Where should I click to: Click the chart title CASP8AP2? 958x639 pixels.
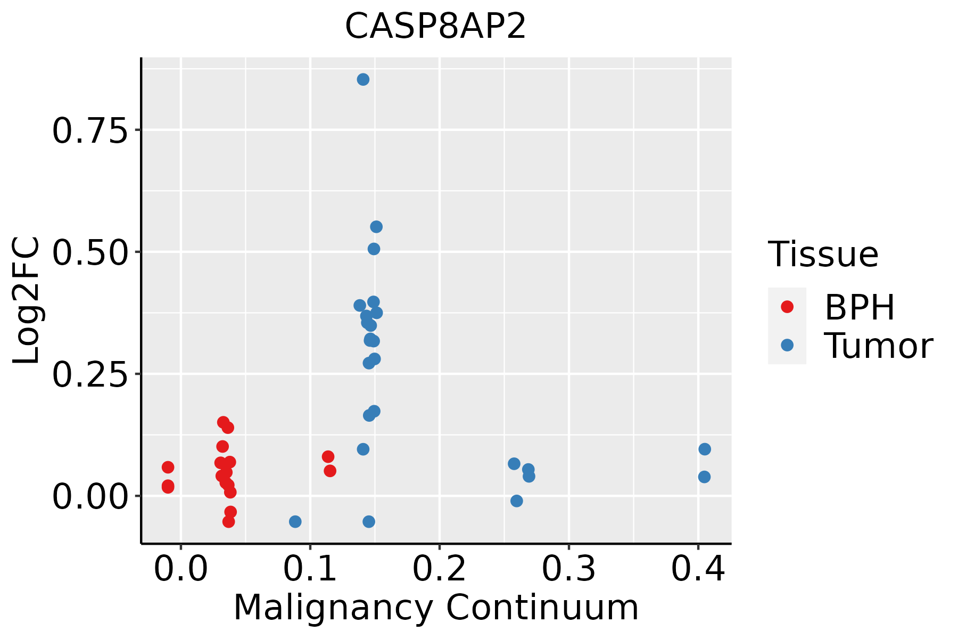point(435,27)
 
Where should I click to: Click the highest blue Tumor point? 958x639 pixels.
point(363,80)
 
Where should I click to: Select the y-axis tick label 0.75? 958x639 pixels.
point(90,130)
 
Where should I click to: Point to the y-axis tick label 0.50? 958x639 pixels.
point(90,252)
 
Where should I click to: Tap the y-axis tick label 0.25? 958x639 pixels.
point(90,374)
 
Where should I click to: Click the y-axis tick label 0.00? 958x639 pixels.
point(90,497)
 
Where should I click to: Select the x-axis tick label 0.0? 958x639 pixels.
point(181,570)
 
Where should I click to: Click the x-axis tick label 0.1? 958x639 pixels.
point(310,570)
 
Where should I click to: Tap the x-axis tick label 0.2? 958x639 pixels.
point(440,570)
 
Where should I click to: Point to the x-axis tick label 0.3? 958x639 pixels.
point(569,570)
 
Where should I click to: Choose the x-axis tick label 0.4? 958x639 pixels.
point(698,570)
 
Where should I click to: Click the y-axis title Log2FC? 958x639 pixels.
point(27,301)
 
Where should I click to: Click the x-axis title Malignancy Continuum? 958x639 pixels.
point(435,608)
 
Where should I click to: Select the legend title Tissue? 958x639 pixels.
point(823,255)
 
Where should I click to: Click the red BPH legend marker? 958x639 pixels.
point(787,307)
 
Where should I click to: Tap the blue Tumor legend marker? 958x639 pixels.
point(787,346)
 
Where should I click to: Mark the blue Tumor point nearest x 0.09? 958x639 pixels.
point(295,521)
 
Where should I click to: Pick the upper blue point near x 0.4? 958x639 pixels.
point(705,449)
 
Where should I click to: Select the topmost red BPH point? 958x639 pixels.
point(223,422)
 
